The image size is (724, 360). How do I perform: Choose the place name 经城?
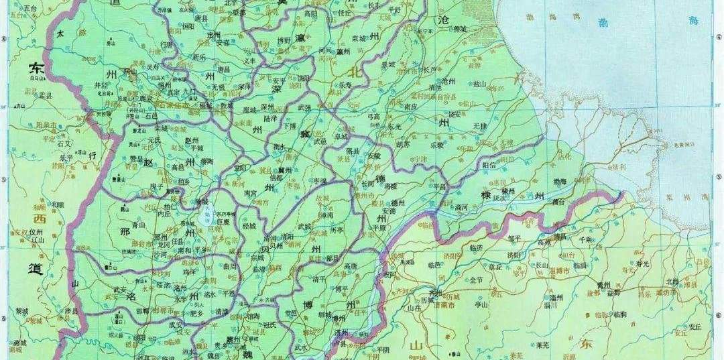tap(249, 227)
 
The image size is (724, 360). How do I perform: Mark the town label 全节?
tap(477, 280)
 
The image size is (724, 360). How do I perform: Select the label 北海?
tap(672, 282)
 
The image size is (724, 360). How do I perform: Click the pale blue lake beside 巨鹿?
tap(206, 215)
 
